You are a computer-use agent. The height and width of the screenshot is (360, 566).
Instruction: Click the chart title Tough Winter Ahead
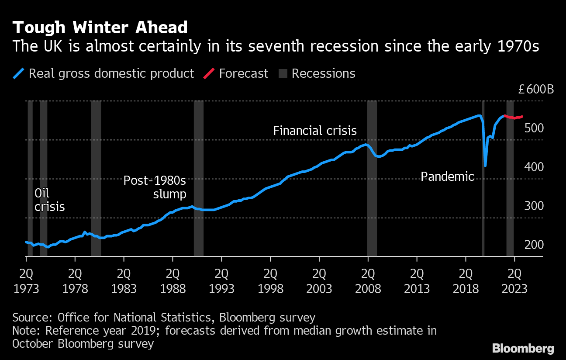click(100, 28)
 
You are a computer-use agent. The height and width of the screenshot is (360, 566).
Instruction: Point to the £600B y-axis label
click(535, 90)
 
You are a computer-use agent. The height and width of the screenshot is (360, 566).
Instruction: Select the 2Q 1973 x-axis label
click(26, 282)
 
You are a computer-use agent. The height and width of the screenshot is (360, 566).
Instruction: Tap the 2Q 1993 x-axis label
click(221, 282)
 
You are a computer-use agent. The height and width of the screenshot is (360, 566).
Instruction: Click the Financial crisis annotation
click(315, 131)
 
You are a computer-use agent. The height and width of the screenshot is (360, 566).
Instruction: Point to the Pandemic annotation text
click(447, 177)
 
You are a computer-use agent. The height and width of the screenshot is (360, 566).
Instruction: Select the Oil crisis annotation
click(49, 200)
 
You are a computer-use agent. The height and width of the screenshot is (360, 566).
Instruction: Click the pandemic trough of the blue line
click(485, 165)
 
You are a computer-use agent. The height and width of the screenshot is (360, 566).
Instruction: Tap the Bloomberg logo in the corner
click(523, 348)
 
